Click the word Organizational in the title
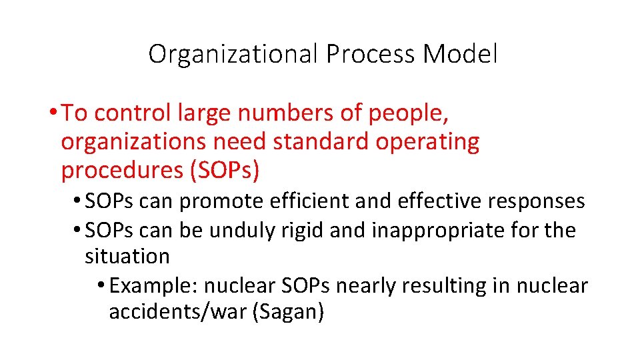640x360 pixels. pyautogui.click(x=233, y=54)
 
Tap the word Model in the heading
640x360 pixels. pyautogui.click(x=460, y=54)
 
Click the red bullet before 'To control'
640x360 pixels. pyautogui.click(x=52, y=114)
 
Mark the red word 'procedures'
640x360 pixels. pyautogui.click(x=121, y=171)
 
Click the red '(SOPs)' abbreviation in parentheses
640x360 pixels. pyautogui.click(x=225, y=171)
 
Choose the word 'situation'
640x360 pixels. pyautogui.click(x=127, y=255)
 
